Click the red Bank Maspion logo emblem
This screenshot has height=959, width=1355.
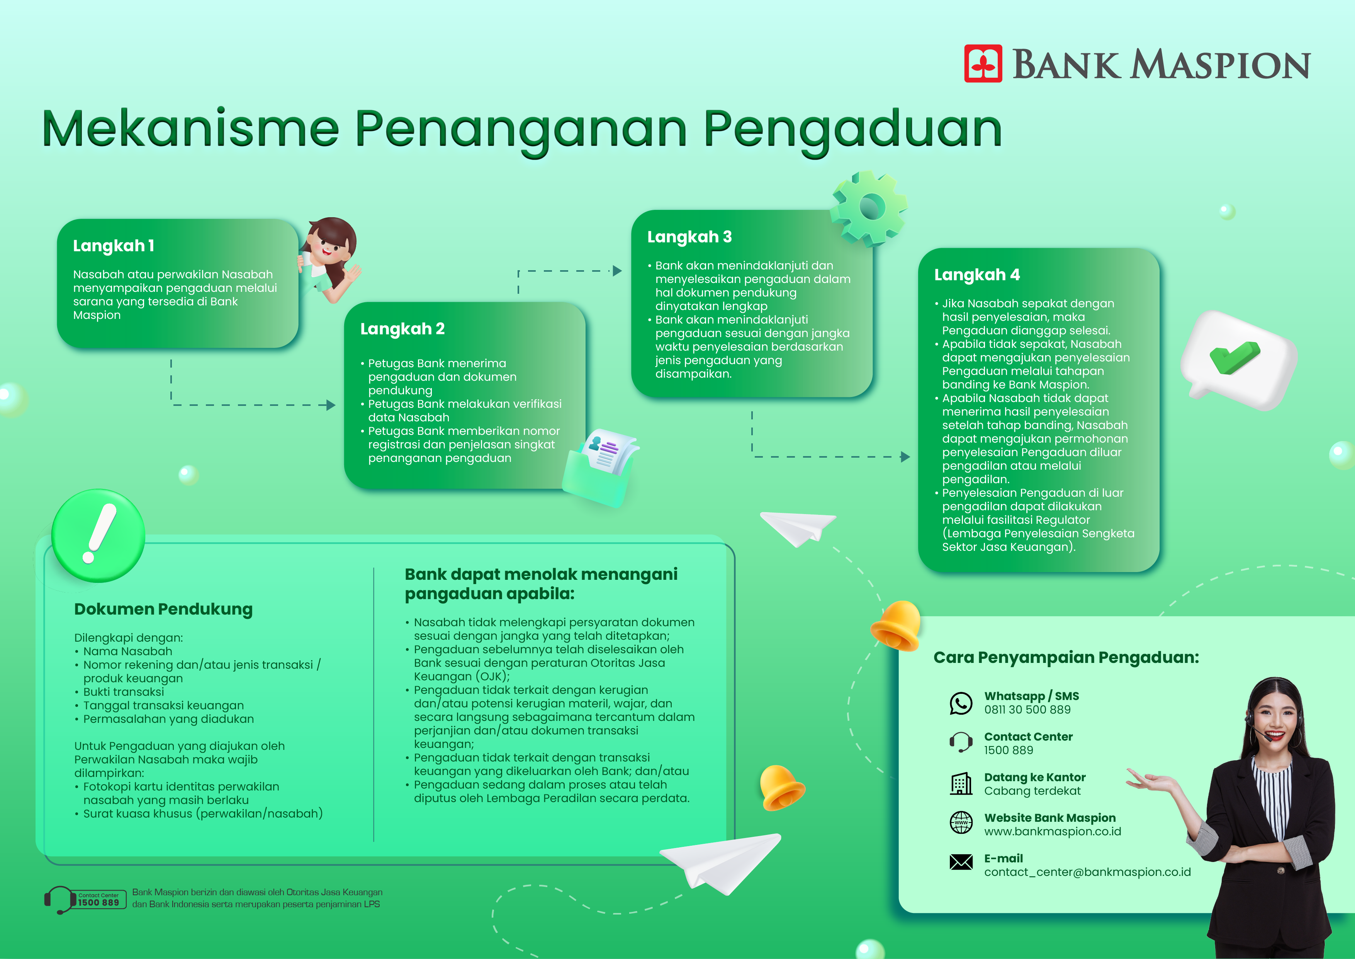tap(983, 63)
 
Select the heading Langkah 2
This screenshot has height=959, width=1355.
tap(402, 329)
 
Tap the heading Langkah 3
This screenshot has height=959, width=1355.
tap(689, 237)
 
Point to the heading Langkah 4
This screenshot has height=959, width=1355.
tap(977, 274)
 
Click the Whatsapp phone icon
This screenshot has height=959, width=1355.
tap(961, 703)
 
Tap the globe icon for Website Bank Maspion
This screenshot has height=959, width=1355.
tap(961, 822)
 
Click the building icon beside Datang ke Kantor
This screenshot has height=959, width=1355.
tap(961, 784)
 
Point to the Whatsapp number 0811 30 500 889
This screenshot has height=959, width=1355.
tap(1027, 710)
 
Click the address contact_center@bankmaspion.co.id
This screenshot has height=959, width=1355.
tap(1087, 872)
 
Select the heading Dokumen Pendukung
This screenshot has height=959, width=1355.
tap(163, 610)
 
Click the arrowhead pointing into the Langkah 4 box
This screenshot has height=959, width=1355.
tap(905, 457)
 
